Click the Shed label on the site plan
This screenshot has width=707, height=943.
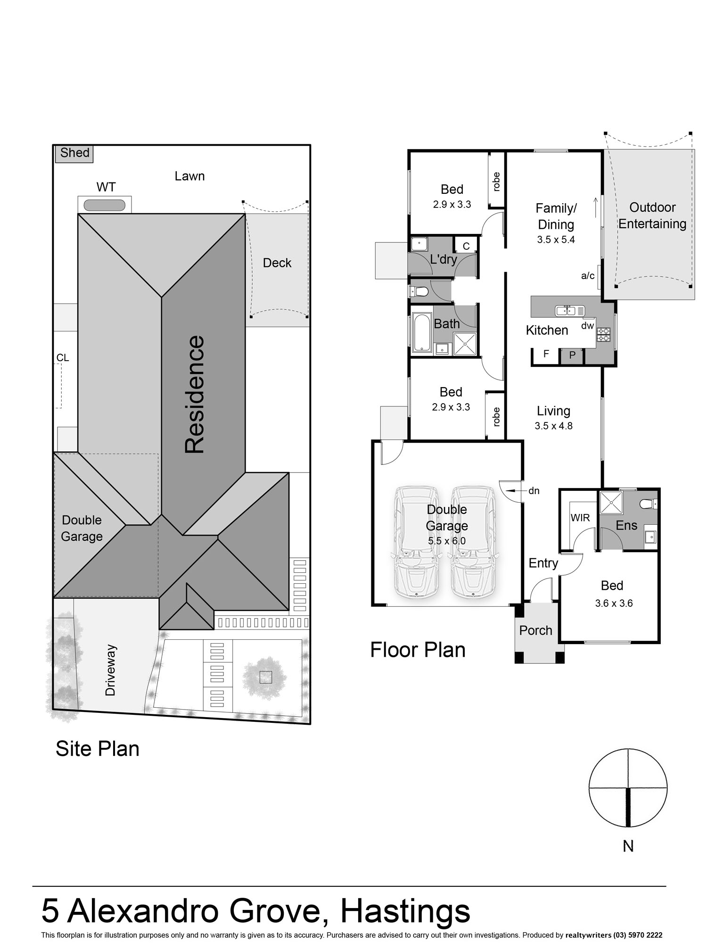pos(75,153)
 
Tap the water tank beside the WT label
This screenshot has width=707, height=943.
pos(105,205)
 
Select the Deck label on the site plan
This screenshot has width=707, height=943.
pos(277,263)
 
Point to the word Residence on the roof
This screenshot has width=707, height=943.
pos(195,394)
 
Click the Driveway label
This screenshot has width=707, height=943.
pos(110,670)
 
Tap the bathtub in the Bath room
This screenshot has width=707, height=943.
pos(422,333)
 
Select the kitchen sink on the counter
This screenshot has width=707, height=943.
pos(570,310)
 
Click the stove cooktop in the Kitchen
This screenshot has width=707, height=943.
pos(603,334)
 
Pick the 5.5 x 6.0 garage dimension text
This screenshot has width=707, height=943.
pos(447,541)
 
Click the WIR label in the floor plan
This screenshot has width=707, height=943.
pos(580,518)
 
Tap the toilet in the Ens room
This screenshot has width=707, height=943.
pos(649,504)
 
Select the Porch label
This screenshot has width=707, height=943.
pos(535,630)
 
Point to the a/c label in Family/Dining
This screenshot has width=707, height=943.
pos(588,276)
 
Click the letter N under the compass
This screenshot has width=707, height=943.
pos(628,846)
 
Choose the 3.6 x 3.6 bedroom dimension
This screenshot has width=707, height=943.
pos(614,603)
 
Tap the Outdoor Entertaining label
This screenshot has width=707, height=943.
pos(652,215)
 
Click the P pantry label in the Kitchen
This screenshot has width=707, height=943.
pos(572,355)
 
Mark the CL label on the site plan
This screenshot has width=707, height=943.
pos(63,358)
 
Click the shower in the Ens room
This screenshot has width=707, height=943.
pos(611,503)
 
